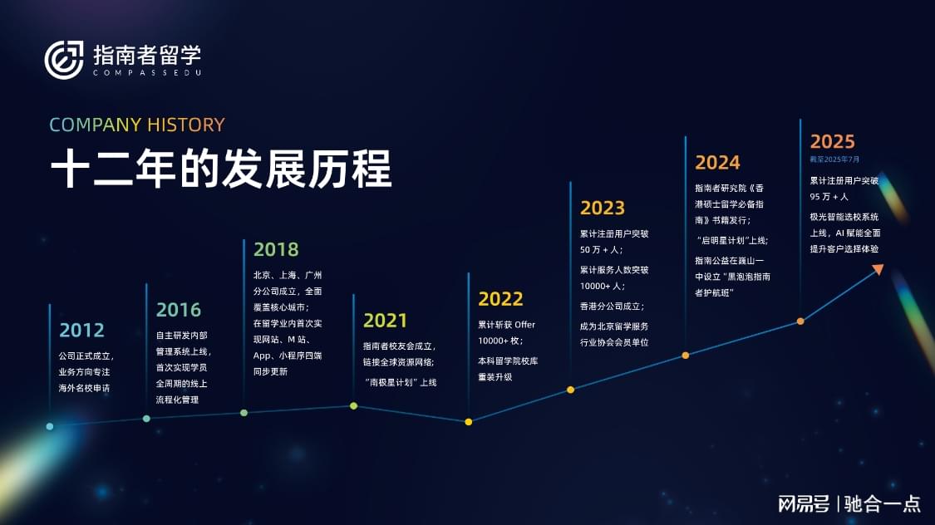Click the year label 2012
tap(81, 330)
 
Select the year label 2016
tap(179, 310)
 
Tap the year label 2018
tap(276, 249)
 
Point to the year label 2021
tap(385, 321)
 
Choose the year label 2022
tap(500, 299)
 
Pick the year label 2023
tap(603, 208)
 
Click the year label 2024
tap(717, 163)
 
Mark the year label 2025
tap(833, 142)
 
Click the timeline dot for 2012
tap(50, 426)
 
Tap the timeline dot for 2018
tap(244, 412)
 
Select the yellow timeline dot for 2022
tap(469, 422)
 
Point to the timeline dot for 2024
tap(686, 356)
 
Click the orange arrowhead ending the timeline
tap(878, 269)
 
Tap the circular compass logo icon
tap(64, 60)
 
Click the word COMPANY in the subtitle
tap(96, 125)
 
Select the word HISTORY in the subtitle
tap(186, 125)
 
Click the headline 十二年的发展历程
tap(221, 169)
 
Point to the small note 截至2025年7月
tap(834, 159)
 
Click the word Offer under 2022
tap(524, 325)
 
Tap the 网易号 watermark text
tap(804, 504)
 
